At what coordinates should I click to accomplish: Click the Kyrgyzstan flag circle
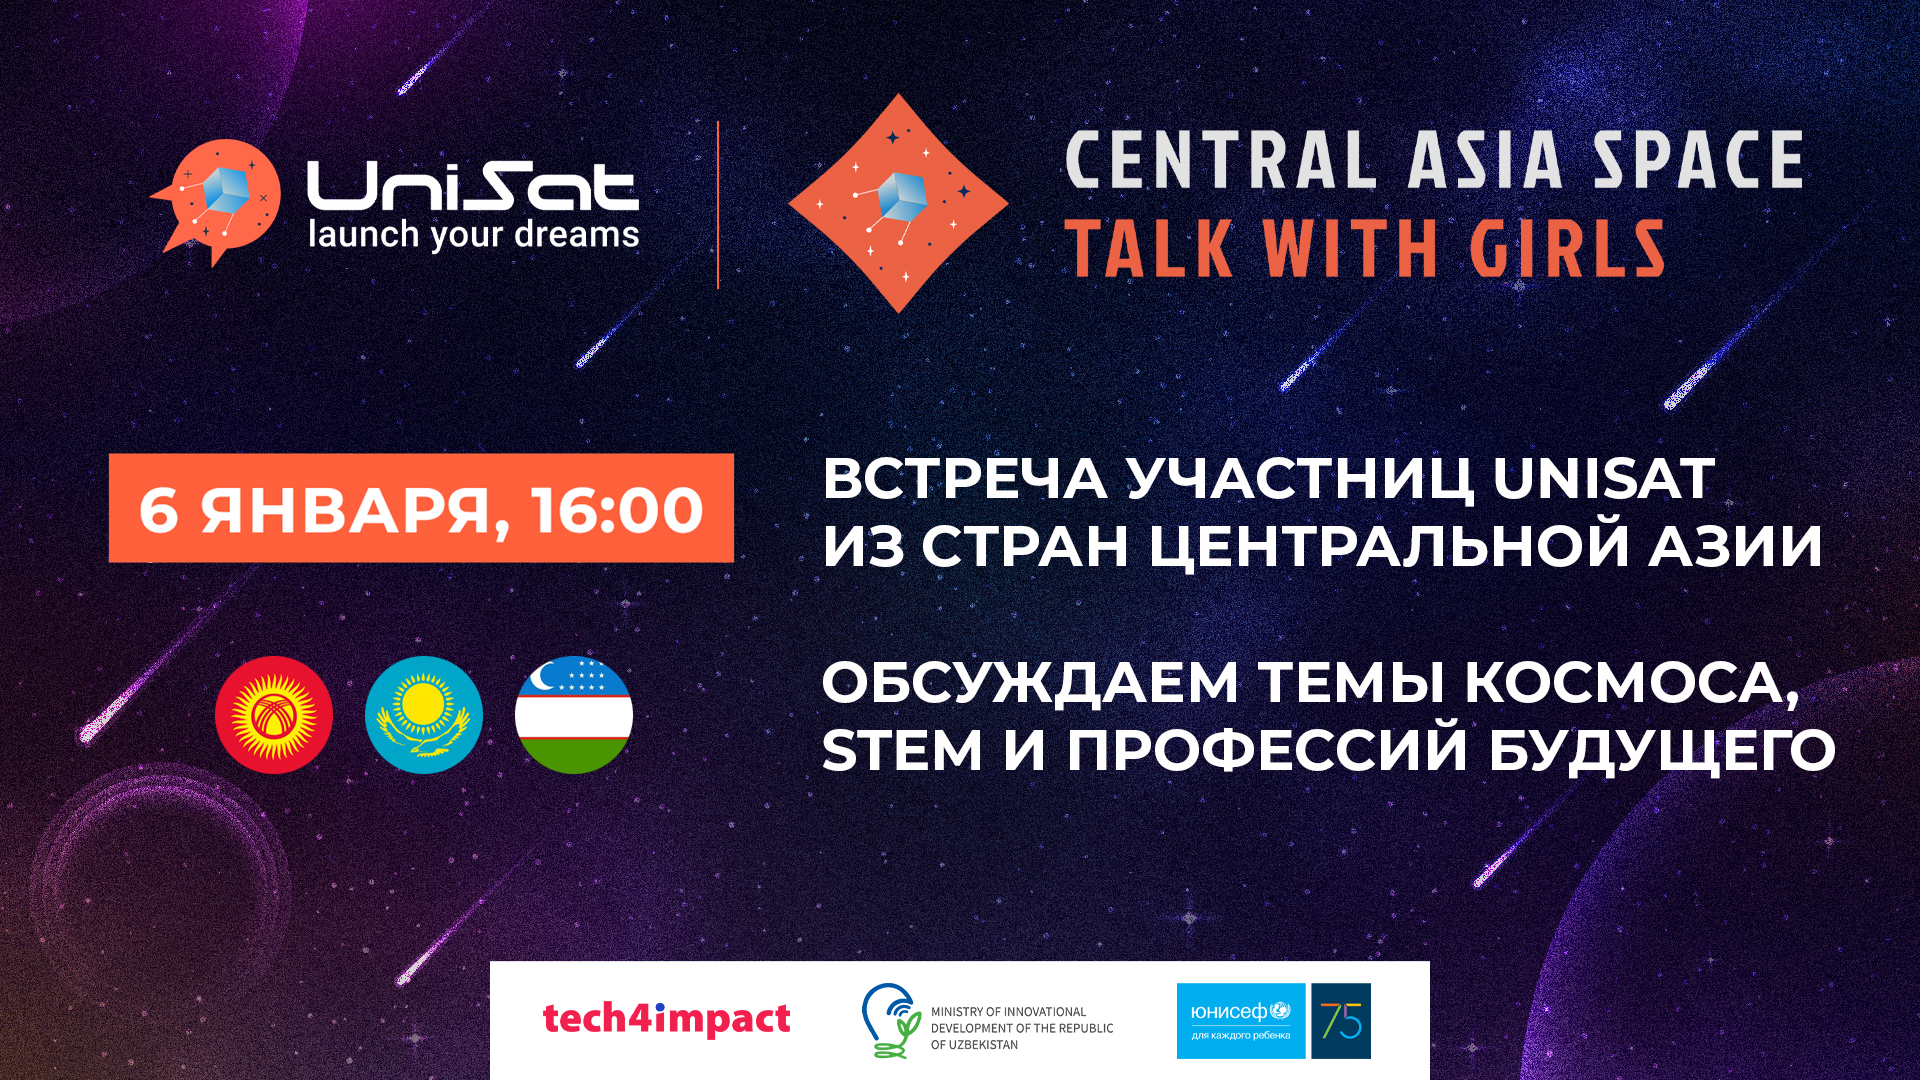[x=274, y=715]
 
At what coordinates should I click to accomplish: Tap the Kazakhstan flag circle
[x=424, y=715]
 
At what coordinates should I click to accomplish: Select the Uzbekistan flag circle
[x=574, y=715]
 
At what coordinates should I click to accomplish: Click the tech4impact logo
[x=666, y=1019]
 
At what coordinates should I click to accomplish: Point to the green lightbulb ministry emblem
[x=892, y=1020]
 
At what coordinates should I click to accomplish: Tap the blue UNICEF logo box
[x=1241, y=1021]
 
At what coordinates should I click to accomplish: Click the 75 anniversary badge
[x=1341, y=1021]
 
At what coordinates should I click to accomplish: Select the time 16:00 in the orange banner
[x=617, y=510]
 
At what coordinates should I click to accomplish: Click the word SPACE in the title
[x=1698, y=159]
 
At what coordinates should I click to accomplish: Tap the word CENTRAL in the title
[x=1221, y=159]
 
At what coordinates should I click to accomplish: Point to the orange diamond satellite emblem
[x=898, y=203]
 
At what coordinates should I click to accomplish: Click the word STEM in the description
[x=902, y=751]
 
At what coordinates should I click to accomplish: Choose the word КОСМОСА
[x=1631, y=685]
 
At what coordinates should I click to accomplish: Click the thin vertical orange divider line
[x=718, y=205]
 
